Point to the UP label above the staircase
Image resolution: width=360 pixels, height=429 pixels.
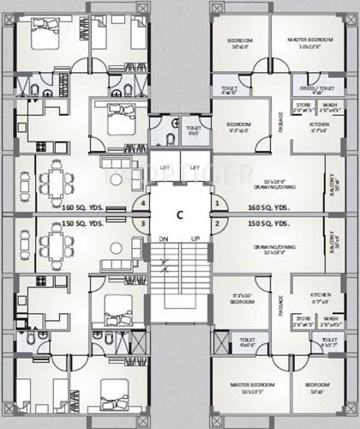(196, 239)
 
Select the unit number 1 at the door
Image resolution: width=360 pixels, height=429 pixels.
(218, 204)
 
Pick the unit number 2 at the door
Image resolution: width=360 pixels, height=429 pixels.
(218, 224)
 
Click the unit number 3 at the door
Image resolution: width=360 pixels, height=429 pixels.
(142, 224)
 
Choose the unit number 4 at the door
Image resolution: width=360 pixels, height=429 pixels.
(142, 204)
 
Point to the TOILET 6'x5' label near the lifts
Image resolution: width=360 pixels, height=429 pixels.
(194, 130)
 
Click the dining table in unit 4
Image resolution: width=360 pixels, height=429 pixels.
(57, 183)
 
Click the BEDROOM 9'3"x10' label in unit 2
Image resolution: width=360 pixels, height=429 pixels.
(239, 301)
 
